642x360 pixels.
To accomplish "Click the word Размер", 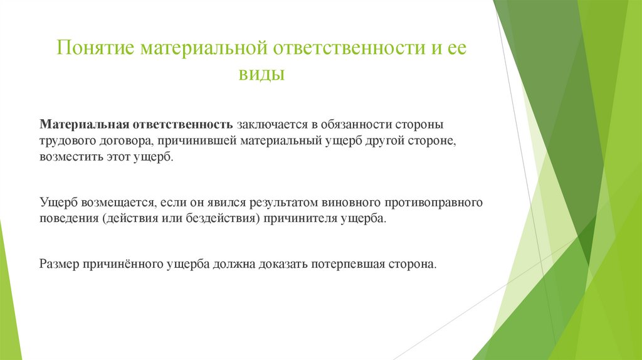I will coord(57,264).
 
